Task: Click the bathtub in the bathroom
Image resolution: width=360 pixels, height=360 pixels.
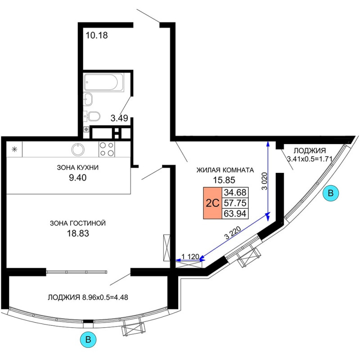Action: point(104,82)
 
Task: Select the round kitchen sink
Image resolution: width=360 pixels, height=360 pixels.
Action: point(78,149)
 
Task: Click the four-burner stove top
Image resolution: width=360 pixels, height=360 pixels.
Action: point(107,149)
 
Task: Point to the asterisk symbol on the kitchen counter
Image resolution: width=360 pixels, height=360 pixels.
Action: point(14,149)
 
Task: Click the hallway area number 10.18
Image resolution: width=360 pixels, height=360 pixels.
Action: point(97,36)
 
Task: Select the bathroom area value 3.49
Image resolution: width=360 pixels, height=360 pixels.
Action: point(119,118)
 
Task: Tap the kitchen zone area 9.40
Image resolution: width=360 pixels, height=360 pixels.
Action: point(78,177)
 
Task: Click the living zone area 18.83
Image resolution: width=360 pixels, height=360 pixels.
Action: point(78,233)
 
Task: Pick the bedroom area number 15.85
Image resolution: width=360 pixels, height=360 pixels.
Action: point(224,180)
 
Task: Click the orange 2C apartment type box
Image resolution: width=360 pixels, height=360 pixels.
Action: point(212,203)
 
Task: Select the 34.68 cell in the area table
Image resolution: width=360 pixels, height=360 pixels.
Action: point(235,193)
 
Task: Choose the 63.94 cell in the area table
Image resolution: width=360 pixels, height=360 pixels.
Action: point(235,213)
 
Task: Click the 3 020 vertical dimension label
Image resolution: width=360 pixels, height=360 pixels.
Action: point(265,181)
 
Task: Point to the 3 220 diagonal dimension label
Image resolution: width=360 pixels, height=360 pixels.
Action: point(233,233)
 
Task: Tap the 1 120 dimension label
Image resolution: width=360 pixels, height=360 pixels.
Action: point(190,256)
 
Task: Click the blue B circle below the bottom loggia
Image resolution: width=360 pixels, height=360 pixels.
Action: point(88,340)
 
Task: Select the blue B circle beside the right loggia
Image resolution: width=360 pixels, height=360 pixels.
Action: point(331,193)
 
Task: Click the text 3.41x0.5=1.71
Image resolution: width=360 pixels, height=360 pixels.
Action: point(310,159)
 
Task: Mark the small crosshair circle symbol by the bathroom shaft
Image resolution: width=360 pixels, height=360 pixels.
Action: point(86,130)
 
